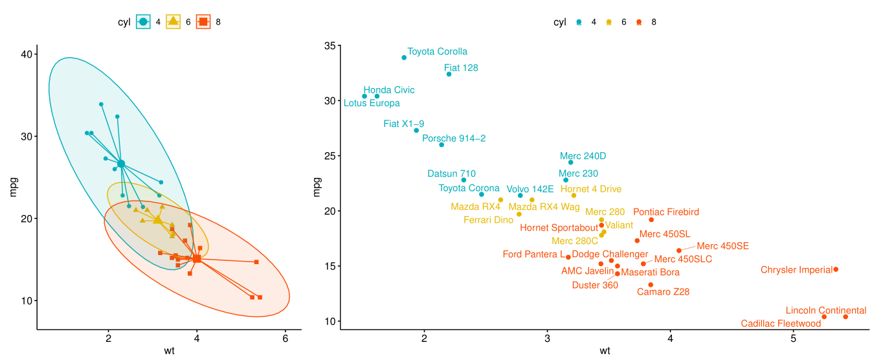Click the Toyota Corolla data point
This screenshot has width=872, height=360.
click(x=404, y=58)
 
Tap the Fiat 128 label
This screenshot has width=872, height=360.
click(x=461, y=67)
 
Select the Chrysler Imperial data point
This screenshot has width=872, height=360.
click(x=836, y=269)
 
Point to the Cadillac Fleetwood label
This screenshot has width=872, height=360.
click(x=781, y=324)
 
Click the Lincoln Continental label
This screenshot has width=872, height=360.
click(x=825, y=311)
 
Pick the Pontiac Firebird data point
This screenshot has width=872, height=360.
click(x=651, y=220)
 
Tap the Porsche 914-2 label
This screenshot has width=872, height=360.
click(x=454, y=138)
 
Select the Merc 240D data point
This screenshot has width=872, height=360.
click(x=570, y=163)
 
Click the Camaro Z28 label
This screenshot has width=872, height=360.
click(x=663, y=292)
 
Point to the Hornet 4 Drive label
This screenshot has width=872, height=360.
click(x=590, y=189)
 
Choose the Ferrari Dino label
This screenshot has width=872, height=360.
click(x=488, y=220)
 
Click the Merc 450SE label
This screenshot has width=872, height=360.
click(x=722, y=246)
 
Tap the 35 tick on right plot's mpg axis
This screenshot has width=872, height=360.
click(x=330, y=46)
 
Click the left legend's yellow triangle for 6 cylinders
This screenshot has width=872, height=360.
click(x=173, y=22)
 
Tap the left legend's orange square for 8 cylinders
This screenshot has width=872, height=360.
click(x=203, y=22)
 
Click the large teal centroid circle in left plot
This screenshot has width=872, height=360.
click(x=121, y=164)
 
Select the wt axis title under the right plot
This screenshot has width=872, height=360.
click(x=605, y=352)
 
